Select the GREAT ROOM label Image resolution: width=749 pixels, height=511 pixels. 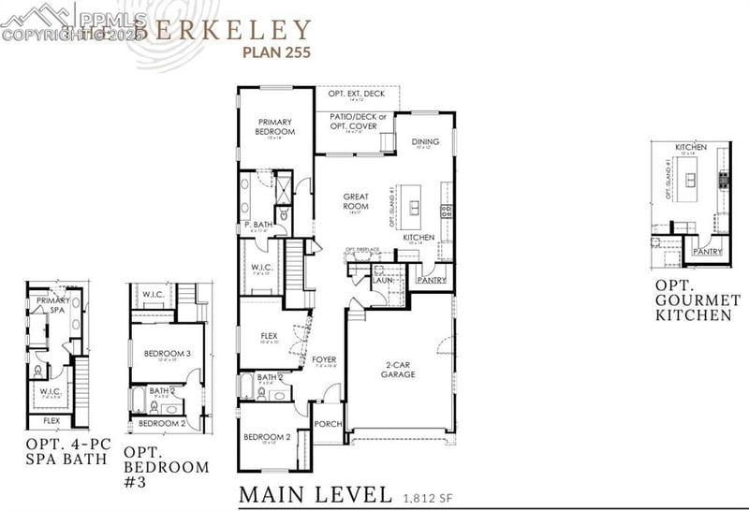[356, 201]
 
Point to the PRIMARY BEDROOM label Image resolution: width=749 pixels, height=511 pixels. [275, 126]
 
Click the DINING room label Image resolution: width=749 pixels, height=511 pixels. [425, 142]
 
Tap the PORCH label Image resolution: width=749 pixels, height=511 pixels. [328, 424]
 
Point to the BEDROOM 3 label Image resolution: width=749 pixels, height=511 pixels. [168, 353]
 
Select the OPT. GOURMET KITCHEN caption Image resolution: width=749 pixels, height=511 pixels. [698, 299]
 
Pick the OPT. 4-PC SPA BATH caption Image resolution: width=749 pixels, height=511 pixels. [63, 451]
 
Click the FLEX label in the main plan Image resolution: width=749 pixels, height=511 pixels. [270, 334]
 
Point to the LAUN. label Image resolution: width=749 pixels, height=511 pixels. [381, 279]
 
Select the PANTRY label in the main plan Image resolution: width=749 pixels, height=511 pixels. [432, 279]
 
